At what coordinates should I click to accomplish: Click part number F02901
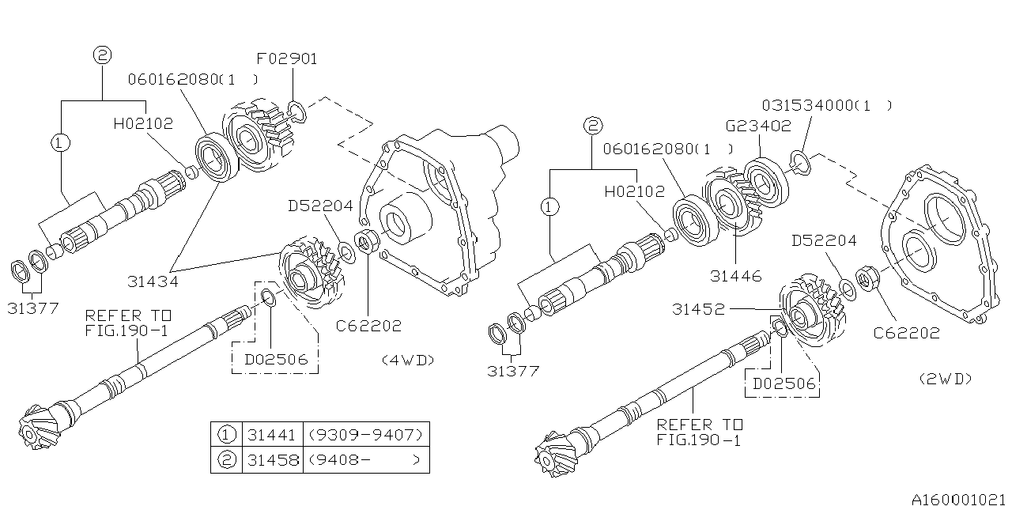coord(287,59)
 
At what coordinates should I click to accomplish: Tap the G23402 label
coord(758,126)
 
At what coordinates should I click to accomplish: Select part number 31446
coord(736,276)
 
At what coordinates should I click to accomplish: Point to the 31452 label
coord(698,309)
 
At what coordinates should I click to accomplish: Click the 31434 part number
coord(153,281)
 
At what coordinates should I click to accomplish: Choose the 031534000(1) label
coord(827,106)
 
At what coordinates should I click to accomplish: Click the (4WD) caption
coord(408,360)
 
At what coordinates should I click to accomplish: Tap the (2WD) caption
coord(946,379)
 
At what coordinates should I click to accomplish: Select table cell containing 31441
coord(273,435)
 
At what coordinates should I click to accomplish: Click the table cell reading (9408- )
coord(366,460)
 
